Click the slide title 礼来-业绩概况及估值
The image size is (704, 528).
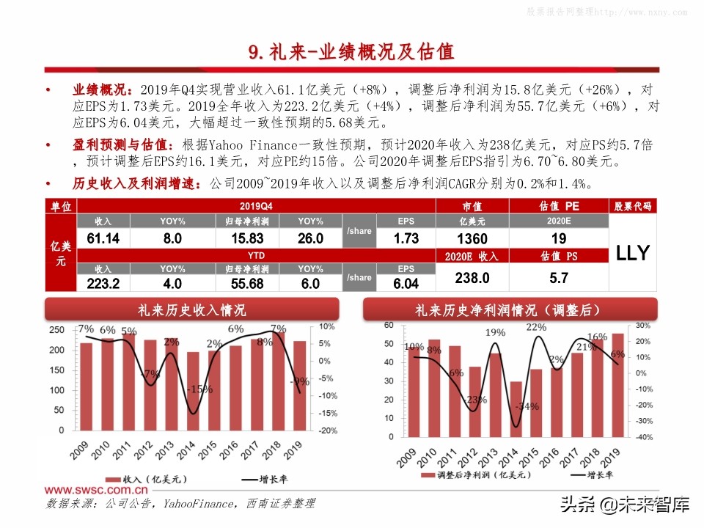(351, 52)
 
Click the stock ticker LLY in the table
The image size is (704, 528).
(632, 253)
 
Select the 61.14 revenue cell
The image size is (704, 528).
(103, 238)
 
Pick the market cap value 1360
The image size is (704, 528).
(471, 238)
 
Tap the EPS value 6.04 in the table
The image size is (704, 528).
(406, 284)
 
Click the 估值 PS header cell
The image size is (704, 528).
(559, 256)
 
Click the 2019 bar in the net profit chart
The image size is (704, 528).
(617, 384)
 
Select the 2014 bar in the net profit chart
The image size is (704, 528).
(516, 408)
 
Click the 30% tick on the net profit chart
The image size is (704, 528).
(643, 326)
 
